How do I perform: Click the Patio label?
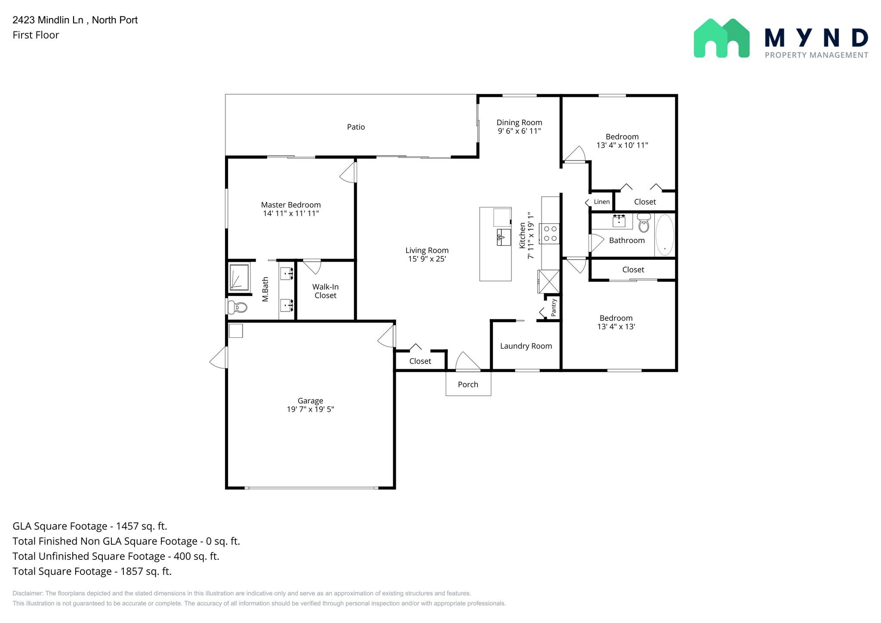point(356,127)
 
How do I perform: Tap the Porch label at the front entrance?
point(468,385)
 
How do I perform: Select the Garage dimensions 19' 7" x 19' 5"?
point(310,409)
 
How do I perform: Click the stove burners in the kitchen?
point(550,234)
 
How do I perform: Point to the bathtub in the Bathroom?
point(665,235)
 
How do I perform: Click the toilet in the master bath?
point(237,307)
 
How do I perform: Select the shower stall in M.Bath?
point(239,277)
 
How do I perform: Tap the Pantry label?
point(554,308)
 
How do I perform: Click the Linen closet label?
point(601,202)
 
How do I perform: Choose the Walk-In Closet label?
point(325,291)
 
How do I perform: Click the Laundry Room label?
point(526,346)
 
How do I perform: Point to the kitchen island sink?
point(503,237)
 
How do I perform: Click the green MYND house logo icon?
point(721,38)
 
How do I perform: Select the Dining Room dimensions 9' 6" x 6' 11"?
point(519,131)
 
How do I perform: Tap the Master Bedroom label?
point(291,205)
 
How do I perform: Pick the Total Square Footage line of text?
point(92,571)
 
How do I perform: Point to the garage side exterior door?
point(219,358)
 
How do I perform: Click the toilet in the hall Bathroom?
point(644,223)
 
